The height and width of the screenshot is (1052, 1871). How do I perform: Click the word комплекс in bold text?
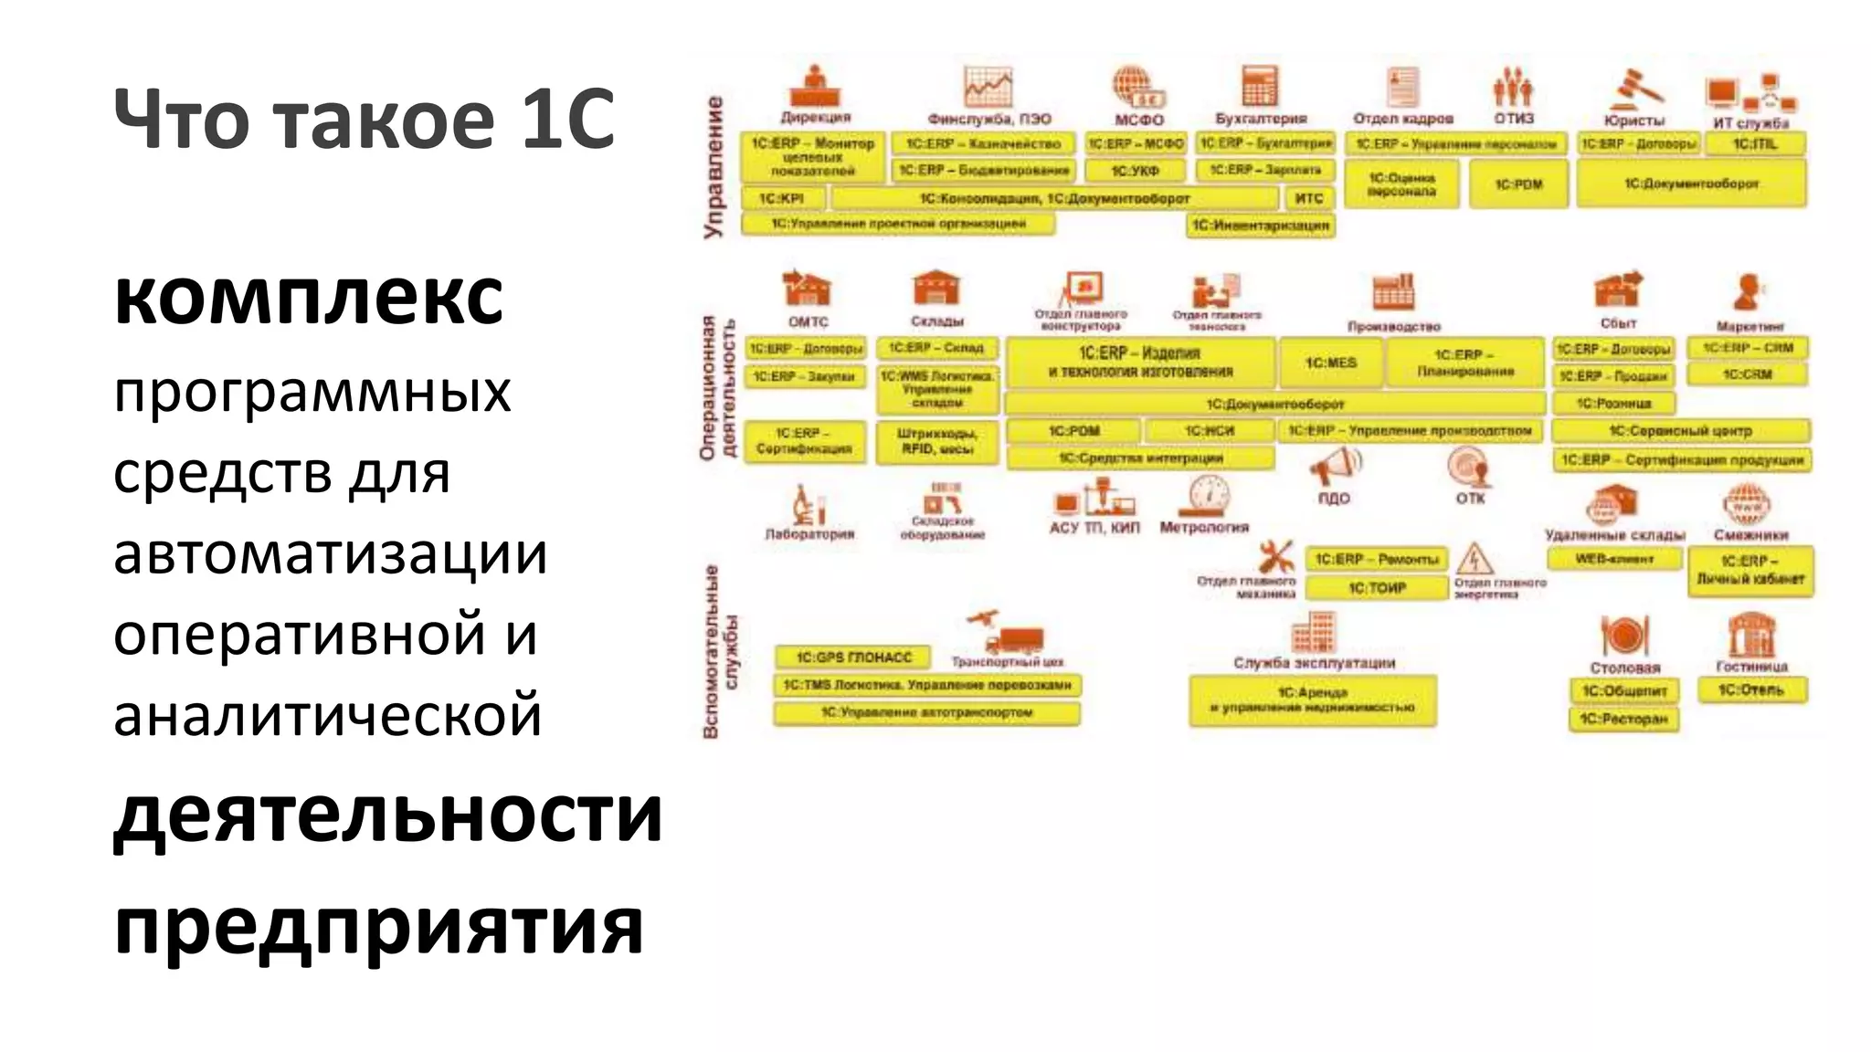point(308,297)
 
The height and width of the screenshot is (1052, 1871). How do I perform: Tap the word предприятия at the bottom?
point(378,925)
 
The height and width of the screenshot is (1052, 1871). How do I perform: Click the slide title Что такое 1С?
point(364,119)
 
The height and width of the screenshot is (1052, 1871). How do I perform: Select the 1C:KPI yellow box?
point(782,198)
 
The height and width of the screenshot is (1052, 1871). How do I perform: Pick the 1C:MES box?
point(1330,363)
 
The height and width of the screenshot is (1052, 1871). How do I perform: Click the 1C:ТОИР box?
point(1377,588)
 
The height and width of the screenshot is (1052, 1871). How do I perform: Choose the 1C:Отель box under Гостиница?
point(1750,690)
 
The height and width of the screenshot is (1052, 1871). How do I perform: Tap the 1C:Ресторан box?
point(1624,719)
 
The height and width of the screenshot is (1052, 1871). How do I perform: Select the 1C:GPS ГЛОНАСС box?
point(852,657)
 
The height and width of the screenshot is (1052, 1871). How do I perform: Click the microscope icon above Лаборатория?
point(808,504)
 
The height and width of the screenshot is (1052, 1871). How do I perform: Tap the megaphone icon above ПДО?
point(1334,468)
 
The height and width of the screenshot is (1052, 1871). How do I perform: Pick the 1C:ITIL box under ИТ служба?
point(1755,144)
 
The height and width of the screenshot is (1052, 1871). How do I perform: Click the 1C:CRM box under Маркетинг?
point(1747,374)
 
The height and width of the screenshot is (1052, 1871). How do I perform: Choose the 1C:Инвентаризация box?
point(1260,226)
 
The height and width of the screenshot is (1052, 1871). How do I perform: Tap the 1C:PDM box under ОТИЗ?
point(1518,184)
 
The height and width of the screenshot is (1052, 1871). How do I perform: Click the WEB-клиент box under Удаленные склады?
point(1614,559)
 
